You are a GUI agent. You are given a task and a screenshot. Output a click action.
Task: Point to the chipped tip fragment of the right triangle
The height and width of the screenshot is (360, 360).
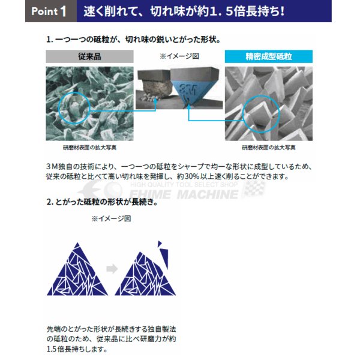[x=160, y=245]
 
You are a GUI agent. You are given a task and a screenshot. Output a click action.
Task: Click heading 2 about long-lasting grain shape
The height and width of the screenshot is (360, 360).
[x=102, y=202]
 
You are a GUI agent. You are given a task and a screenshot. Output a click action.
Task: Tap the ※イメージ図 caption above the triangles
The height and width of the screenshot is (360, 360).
[x=110, y=219]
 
